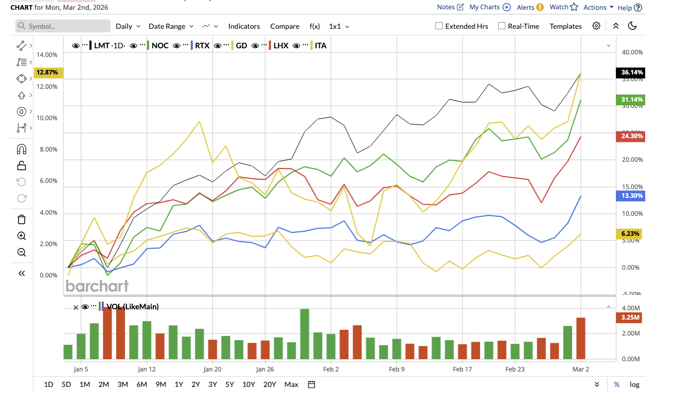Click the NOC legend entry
160,46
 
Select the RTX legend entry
202,46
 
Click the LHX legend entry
281,46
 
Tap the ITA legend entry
320,46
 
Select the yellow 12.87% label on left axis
47,72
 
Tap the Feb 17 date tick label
462,369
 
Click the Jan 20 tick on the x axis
212,369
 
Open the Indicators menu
244,26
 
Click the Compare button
284,26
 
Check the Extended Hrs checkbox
439,26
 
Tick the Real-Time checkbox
502,26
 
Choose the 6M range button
142,384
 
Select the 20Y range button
269,384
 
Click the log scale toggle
634,384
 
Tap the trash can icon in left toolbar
22,220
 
